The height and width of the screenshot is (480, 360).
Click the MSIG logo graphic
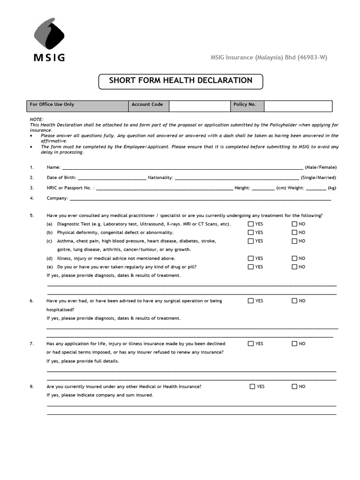point(49,36)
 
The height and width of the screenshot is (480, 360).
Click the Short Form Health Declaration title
point(180,81)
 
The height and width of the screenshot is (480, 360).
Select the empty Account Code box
point(199,106)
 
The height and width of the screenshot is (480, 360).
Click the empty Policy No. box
point(298,106)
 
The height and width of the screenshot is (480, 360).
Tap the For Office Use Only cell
point(77,106)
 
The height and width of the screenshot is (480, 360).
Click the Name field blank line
point(182,167)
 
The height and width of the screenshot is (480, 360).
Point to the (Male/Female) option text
point(320,167)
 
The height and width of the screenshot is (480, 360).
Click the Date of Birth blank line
point(112,178)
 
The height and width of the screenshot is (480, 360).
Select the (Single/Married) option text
point(318,178)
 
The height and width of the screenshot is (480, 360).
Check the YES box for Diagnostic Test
point(251,224)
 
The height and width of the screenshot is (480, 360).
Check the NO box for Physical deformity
point(294,232)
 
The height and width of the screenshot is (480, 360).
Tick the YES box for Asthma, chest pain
point(251,241)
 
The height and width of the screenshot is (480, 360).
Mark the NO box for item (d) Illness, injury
point(294,258)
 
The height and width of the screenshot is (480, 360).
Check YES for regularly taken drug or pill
point(251,267)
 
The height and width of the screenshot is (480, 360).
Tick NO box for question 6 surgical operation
point(294,301)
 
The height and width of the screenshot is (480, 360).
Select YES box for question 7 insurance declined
point(251,344)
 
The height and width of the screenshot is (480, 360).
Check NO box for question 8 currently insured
point(294,387)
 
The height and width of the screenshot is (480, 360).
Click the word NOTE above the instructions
point(37,120)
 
